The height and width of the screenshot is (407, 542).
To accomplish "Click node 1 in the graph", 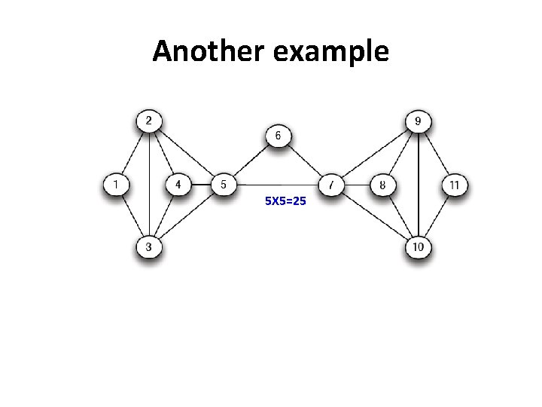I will tap(115, 184).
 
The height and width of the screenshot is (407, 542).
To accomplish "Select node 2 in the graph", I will tap(148, 121).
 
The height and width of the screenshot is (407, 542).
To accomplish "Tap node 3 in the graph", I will tap(148, 246).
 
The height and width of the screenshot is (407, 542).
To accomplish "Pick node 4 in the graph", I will tap(178, 184).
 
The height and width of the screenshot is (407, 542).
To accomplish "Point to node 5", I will tap(223, 184).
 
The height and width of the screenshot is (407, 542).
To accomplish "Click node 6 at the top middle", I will tap(278, 136).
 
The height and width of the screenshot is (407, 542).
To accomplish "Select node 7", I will tap(331, 184).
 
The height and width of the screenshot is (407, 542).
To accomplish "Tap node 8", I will tap(382, 184).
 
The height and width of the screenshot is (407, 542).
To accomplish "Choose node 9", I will tap(418, 121).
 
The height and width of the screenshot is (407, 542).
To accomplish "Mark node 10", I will tap(418, 246).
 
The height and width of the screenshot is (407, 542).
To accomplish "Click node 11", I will tap(455, 184).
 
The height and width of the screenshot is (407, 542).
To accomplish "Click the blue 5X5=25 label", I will tap(285, 201).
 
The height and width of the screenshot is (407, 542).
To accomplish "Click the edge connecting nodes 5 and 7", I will tap(277, 185).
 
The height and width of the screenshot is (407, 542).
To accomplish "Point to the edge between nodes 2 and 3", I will tap(148, 184).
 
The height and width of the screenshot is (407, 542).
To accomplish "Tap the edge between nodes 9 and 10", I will tap(418, 184).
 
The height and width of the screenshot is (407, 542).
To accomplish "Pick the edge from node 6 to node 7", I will tap(305, 161).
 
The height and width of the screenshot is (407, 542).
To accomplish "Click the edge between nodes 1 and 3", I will tap(132, 216).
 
